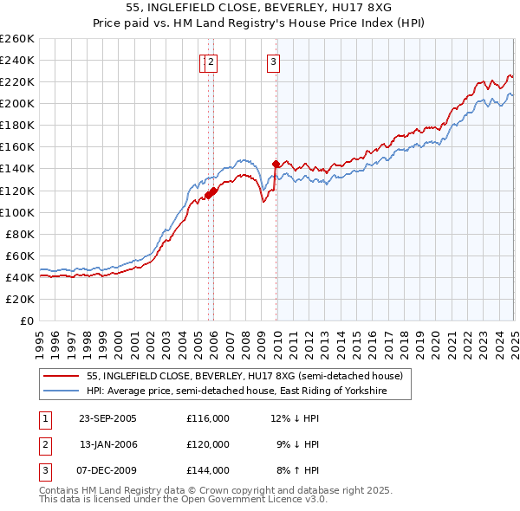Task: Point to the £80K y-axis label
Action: point(20,234)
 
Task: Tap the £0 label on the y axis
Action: point(27,320)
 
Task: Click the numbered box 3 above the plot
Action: point(273,61)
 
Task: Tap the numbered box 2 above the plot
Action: point(211,61)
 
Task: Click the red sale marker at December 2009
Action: point(276,164)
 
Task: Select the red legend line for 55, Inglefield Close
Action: point(62,377)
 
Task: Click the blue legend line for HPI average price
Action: point(62,391)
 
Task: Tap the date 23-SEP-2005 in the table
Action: point(107,418)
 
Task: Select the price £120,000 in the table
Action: point(208,444)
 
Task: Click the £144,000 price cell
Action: point(208,470)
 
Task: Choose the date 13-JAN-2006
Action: point(107,444)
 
